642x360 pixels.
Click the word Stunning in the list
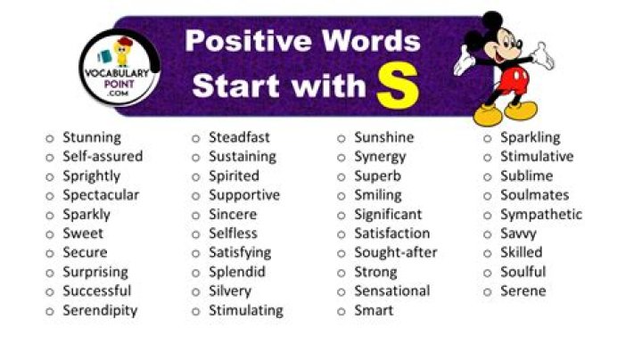(91, 137)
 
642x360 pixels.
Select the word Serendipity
(100, 310)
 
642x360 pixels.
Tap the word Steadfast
(239, 137)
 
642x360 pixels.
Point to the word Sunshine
(383, 137)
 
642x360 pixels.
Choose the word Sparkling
(530, 137)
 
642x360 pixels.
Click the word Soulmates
(534, 194)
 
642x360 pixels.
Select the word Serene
(523, 290)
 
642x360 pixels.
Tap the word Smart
(374, 310)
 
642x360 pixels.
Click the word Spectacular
(101, 194)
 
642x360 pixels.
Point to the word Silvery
(230, 290)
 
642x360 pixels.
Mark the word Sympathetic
(540, 214)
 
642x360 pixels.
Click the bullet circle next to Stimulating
(195, 311)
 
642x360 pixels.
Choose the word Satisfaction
(391, 233)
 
